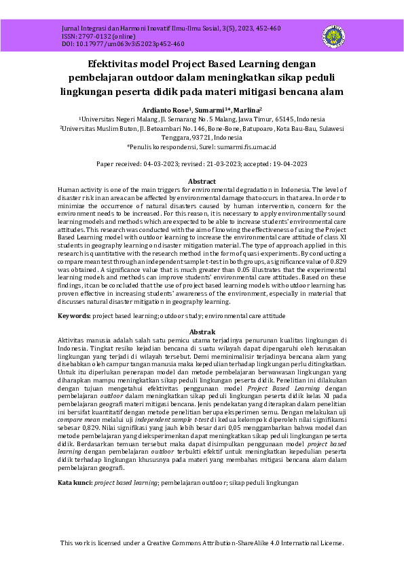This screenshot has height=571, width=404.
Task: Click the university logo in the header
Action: point(335,35)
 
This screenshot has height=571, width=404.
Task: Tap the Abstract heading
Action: point(202,181)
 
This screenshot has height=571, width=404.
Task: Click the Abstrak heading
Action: point(202,331)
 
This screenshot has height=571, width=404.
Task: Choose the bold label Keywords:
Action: point(74,316)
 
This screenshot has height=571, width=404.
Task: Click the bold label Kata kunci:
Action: point(75,482)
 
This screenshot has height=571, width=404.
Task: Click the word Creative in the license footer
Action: point(168,543)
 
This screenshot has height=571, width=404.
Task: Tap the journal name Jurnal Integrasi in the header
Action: point(84,28)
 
